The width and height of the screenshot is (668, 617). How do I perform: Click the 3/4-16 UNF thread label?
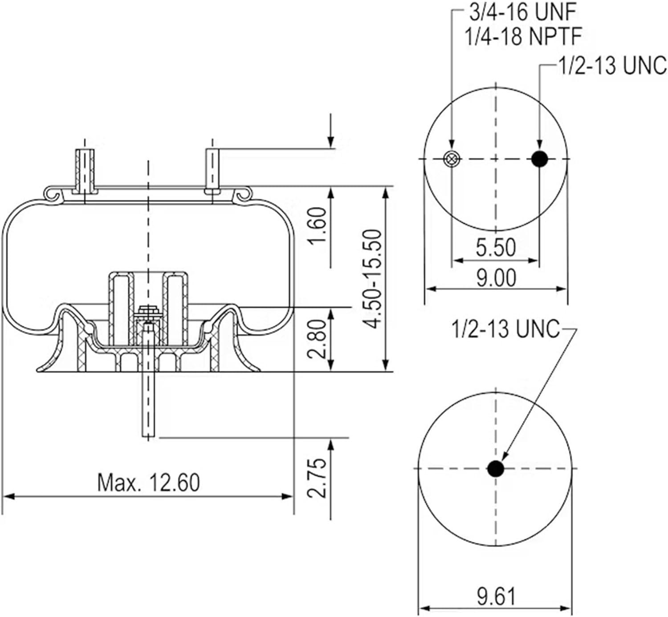coord(523,13)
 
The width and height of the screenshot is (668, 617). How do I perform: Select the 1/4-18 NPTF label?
coord(523,37)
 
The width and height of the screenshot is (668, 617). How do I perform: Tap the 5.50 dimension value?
coord(496,247)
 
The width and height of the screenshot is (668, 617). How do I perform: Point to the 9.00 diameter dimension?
coord(496,278)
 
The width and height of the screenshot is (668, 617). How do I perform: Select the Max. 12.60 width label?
coord(148,482)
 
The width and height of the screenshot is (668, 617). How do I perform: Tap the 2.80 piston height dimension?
coord(317,339)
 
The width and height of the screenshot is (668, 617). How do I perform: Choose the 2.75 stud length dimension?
coord(317,478)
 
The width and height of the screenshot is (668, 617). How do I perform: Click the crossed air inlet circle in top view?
coord(451,159)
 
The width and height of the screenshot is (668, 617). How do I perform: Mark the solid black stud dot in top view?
coord(539,159)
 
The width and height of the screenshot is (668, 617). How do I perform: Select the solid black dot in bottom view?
coord(496,469)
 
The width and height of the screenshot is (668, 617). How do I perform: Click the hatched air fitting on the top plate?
coord(85,172)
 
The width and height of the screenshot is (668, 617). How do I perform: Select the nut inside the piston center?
coord(148,312)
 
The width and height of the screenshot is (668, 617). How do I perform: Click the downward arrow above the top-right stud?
coord(331,130)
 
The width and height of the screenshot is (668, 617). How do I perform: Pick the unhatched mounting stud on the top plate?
coord(212,172)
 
